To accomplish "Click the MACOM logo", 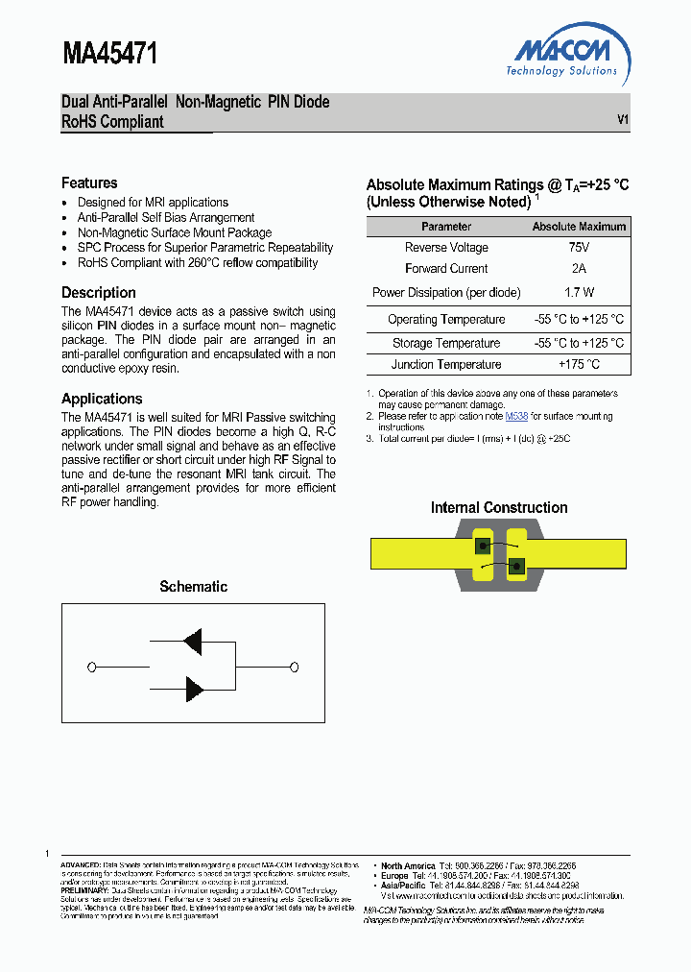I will click(562, 55).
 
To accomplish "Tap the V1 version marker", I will click(622, 120).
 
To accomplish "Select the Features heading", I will click(89, 182).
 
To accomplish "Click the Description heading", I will click(99, 292).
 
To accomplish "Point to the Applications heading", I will click(102, 399).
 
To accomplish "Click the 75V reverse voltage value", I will click(579, 248).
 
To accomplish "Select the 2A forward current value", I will click(579, 269).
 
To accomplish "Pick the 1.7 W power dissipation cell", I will click(579, 292).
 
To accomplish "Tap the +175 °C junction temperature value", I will click(579, 364).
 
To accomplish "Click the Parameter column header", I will click(446, 227).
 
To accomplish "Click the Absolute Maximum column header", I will click(579, 227).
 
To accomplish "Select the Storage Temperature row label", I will click(446, 343).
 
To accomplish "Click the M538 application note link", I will click(516, 416).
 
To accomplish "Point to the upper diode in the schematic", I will click(192, 643).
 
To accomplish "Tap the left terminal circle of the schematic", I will click(91, 667).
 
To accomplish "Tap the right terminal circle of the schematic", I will click(294, 667).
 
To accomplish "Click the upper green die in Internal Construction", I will click(484, 546).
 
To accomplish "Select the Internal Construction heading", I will click(499, 507).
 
